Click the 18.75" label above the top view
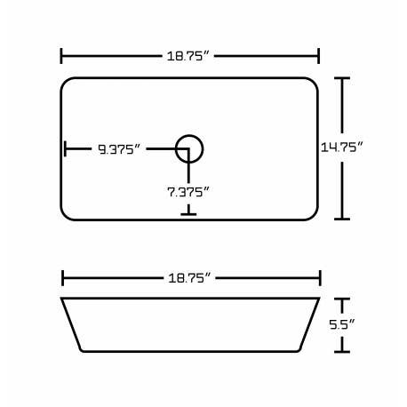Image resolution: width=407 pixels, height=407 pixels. point(189,56)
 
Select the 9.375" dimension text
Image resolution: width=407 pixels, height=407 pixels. point(118,149)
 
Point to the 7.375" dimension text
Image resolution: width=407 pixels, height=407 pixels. point(188,191)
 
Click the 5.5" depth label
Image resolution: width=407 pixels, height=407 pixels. point(344,324)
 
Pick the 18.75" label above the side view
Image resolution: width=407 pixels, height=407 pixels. point(189,278)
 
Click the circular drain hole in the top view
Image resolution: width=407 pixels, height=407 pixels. point(189,148)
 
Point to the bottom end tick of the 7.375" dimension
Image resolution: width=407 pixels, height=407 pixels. point(188,212)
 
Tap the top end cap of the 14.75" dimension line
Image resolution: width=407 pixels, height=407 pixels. point(344,78)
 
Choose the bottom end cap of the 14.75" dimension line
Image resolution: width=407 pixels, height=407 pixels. point(344,219)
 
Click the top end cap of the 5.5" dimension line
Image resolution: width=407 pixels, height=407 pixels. point(344,299)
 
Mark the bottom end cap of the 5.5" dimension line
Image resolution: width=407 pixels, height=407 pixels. point(344,350)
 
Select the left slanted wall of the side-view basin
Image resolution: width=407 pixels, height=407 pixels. point(72,324)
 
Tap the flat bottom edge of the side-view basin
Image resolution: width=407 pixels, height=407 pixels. point(189,351)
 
